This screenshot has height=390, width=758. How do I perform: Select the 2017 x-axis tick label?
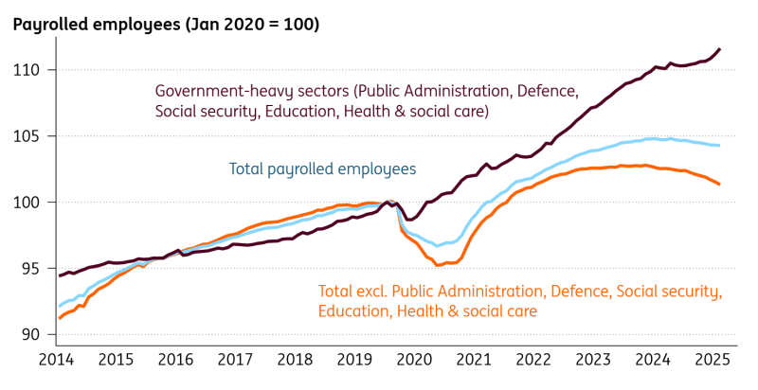tap(234, 360)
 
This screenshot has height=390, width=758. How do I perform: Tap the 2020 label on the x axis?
tap(414, 360)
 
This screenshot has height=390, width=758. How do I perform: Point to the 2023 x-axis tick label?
tap(592, 360)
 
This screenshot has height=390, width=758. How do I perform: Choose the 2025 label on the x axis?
tap(712, 360)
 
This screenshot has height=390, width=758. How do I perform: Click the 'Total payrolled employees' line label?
tap(322, 169)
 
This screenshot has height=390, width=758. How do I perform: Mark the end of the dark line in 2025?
tap(719, 49)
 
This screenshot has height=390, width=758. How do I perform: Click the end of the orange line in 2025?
tap(719, 184)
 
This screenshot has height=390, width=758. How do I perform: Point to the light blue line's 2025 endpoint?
tap(719, 145)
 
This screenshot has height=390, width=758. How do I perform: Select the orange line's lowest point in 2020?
tap(438, 265)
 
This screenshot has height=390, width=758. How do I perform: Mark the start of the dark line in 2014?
tap(60, 275)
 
